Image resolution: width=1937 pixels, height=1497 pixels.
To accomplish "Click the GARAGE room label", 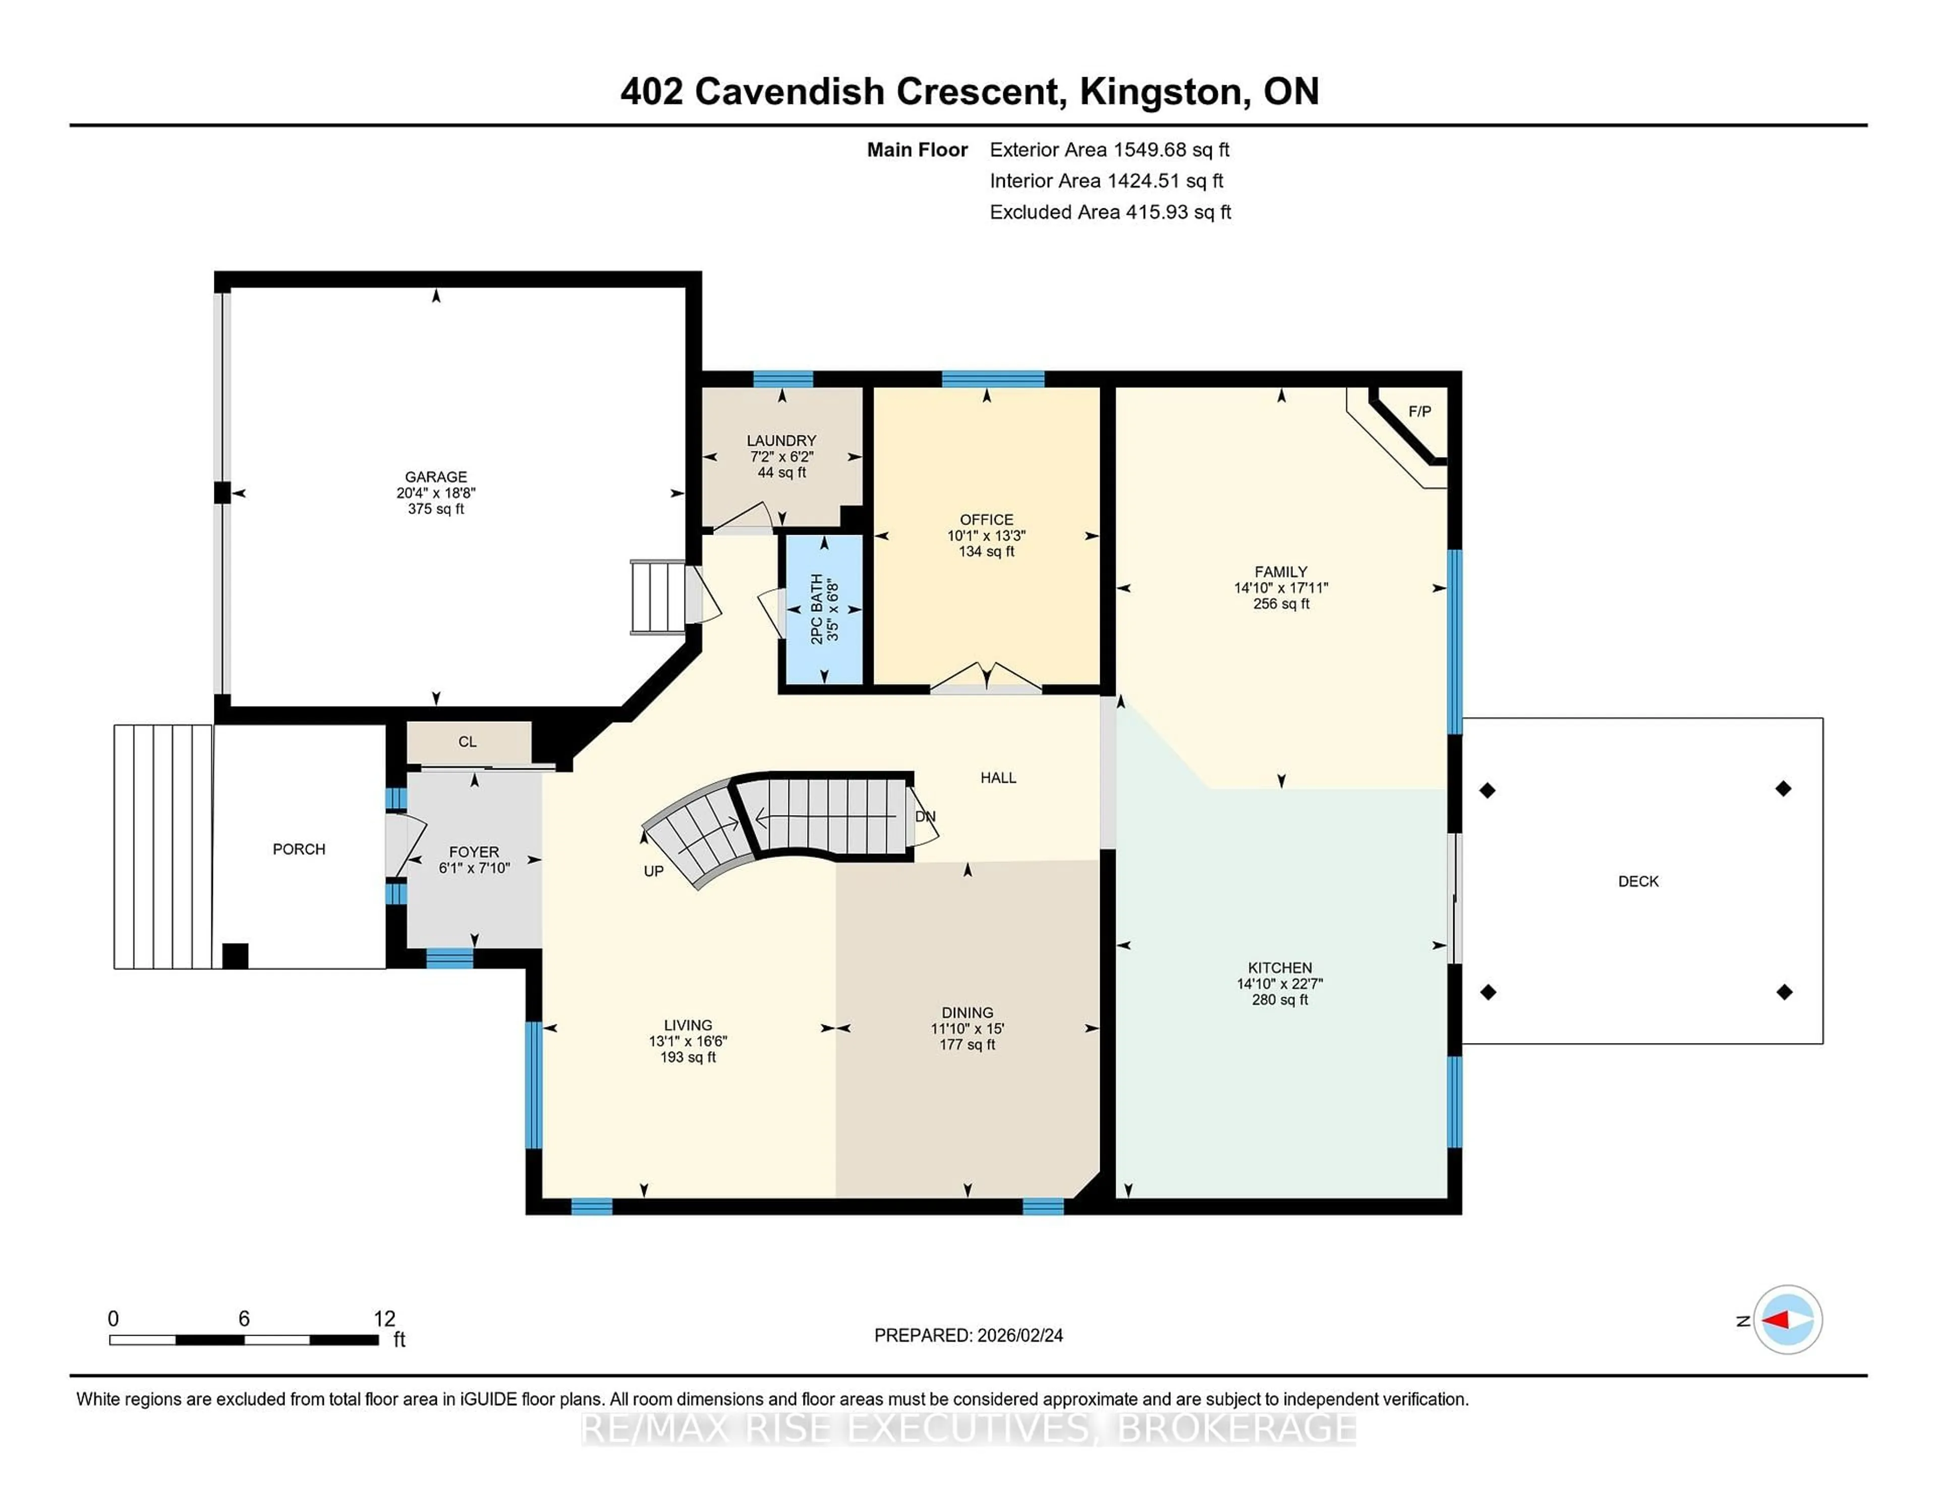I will pyautogui.click(x=435, y=476).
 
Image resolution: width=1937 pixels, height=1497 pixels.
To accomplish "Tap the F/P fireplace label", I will pyautogui.click(x=1419, y=412).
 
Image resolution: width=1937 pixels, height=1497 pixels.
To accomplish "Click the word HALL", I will pyautogui.click(x=998, y=778).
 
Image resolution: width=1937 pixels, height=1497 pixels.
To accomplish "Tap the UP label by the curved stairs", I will pyautogui.click(x=654, y=871).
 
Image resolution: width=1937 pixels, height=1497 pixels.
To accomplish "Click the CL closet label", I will pyautogui.click(x=468, y=741).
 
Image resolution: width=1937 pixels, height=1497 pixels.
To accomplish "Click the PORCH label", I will pyautogui.click(x=299, y=849).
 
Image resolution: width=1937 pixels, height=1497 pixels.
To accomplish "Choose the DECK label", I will pyautogui.click(x=1637, y=881).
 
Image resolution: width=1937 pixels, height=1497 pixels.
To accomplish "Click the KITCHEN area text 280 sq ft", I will pyautogui.click(x=1280, y=1000).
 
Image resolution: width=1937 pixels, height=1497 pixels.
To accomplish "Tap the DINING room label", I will pyautogui.click(x=966, y=1012).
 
